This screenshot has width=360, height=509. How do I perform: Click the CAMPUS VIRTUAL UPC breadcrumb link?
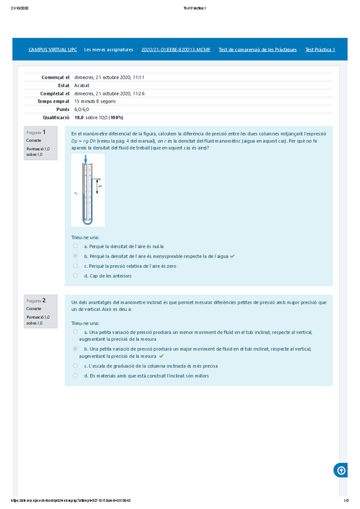pos(52,49)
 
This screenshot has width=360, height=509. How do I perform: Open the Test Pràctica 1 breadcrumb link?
pos(320,49)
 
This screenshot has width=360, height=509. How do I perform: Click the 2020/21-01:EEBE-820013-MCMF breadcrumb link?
pos(175,49)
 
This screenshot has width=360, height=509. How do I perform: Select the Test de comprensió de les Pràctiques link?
pos(257,49)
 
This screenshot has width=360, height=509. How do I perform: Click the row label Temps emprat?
pos(53,101)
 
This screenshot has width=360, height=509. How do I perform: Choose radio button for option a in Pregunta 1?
pos(75,245)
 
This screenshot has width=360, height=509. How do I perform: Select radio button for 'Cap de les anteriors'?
pos(75,276)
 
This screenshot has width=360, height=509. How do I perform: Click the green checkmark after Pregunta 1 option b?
pos(232,256)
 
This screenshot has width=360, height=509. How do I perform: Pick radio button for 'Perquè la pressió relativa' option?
pos(75,265)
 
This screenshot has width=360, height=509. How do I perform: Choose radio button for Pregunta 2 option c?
pos(75,365)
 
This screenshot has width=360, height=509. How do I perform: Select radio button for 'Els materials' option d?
pos(75,375)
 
